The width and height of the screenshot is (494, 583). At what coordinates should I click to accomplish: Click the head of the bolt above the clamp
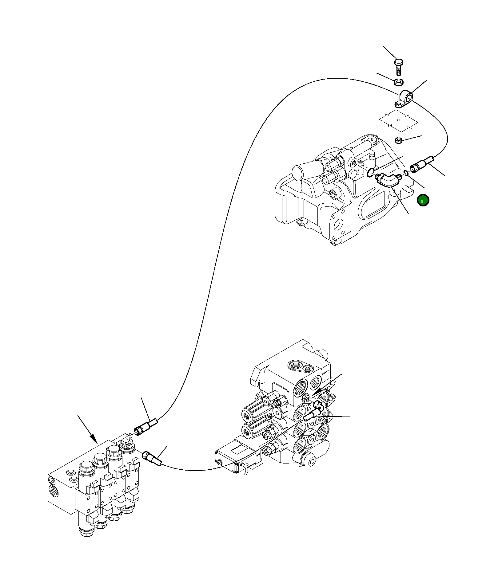click(x=399, y=62)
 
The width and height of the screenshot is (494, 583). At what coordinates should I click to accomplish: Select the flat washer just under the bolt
click(x=399, y=82)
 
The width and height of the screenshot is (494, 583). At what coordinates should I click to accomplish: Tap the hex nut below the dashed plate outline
click(x=399, y=141)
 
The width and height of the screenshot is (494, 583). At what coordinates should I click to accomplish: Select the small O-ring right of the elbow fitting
click(x=406, y=173)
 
